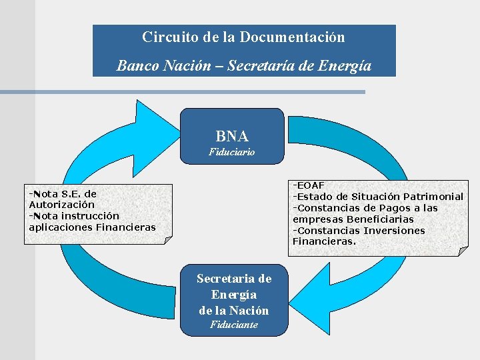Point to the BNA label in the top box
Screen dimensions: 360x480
click(x=232, y=137)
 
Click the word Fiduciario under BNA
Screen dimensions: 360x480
click(x=232, y=152)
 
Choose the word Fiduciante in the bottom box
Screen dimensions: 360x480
click(x=233, y=325)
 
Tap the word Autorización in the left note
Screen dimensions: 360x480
click(x=61, y=205)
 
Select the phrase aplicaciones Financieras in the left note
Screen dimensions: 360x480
click(x=92, y=227)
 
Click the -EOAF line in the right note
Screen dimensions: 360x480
click(x=309, y=185)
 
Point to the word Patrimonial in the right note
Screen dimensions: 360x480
click(x=433, y=196)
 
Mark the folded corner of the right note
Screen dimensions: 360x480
click(x=461, y=251)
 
